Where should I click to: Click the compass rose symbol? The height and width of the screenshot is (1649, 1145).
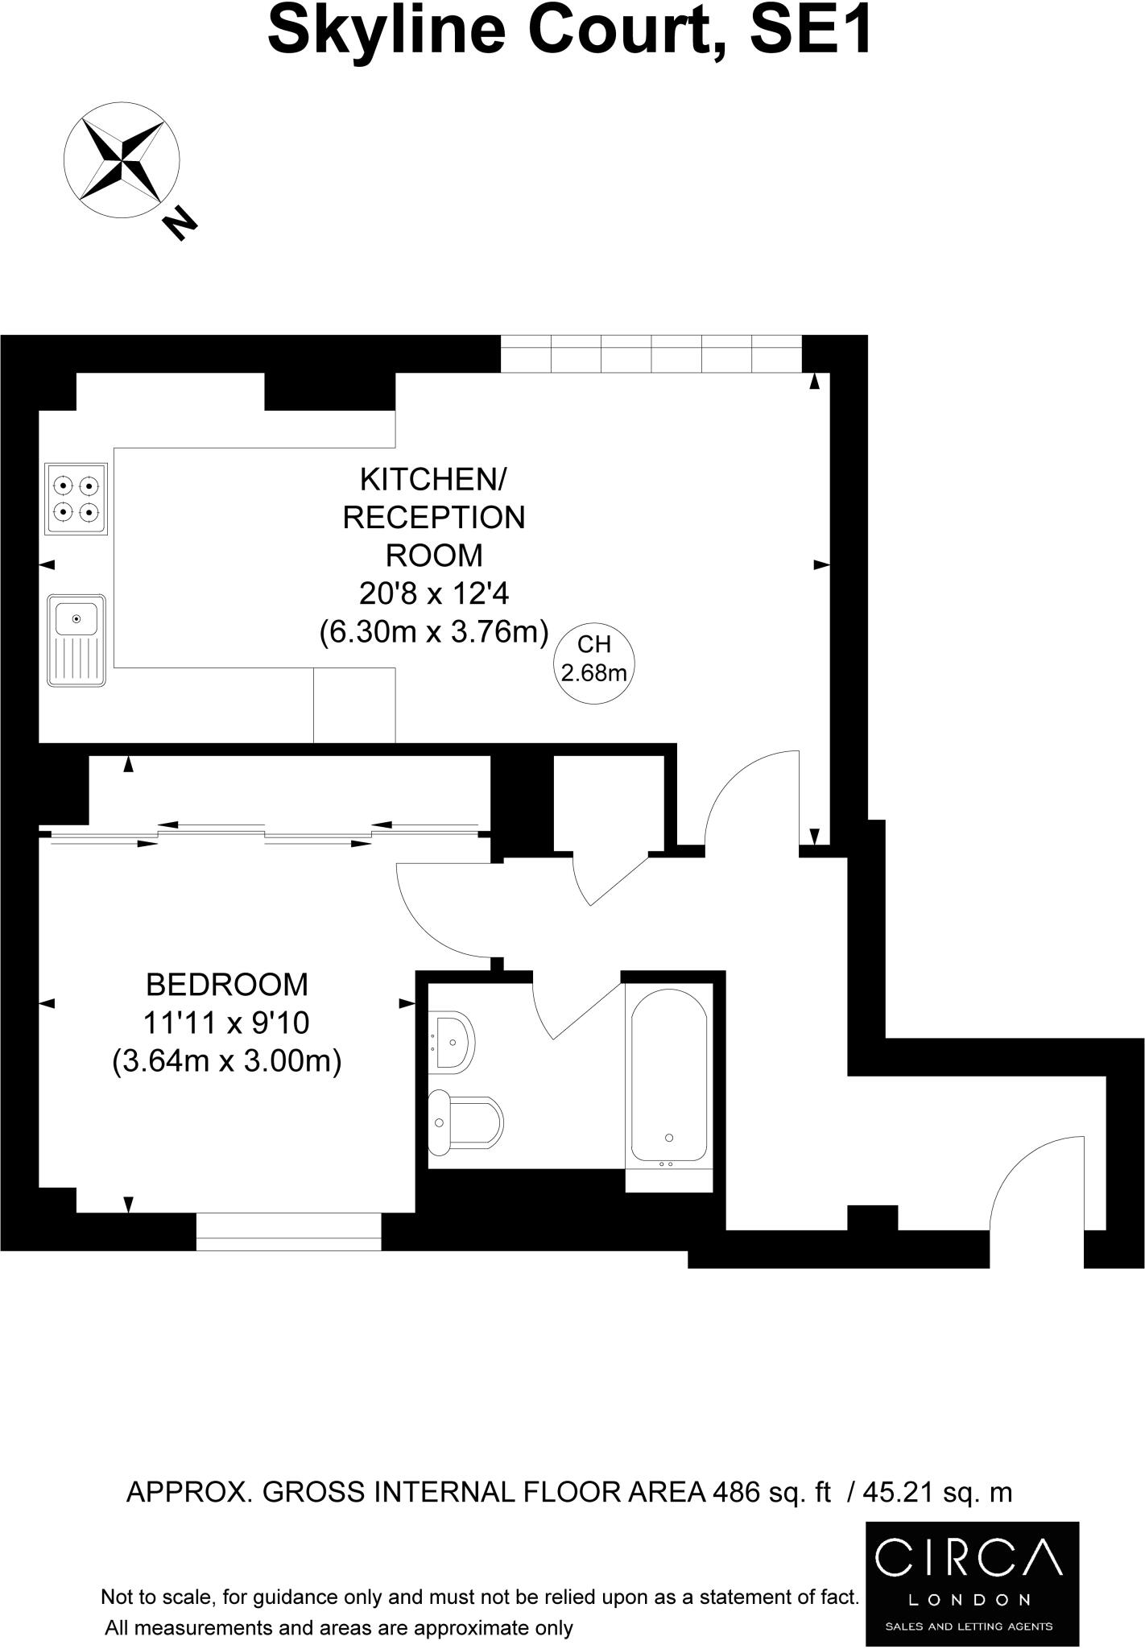coord(122,158)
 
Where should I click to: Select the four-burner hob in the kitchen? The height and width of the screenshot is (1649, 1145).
coord(76,498)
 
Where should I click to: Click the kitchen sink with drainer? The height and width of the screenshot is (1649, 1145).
coord(76,640)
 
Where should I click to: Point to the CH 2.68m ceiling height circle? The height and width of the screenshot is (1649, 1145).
coord(594,658)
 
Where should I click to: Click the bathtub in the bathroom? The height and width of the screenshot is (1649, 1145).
coord(669,1075)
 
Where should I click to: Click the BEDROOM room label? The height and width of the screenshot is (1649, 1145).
coord(226,985)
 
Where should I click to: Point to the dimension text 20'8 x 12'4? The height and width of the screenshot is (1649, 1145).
coord(434,594)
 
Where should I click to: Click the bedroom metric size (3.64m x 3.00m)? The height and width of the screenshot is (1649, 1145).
coord(227,1060)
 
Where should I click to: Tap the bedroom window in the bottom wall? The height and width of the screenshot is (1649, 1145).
coord(288,1232)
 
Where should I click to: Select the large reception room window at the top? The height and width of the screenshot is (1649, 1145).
coord(651,353)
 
